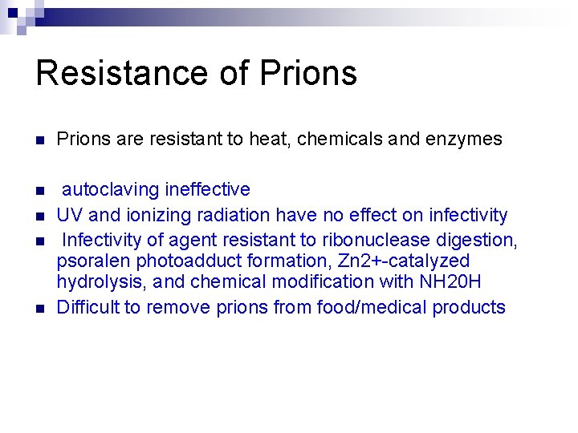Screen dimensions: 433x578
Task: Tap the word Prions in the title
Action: [x=308, y=73]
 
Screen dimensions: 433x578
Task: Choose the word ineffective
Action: [x=207, y=190]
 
